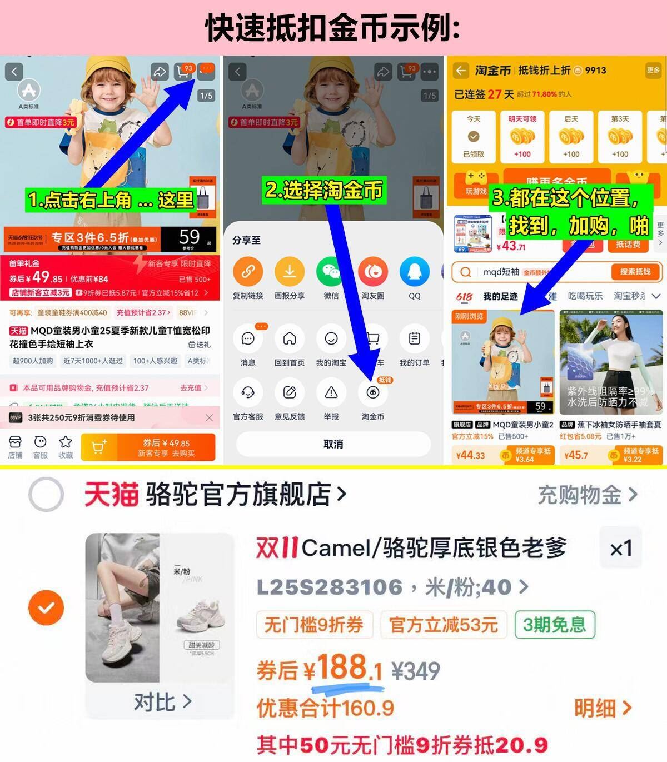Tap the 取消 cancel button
pyautogui.click(x=333, y=444)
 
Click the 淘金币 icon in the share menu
pyautogui.click(x=372, y=392)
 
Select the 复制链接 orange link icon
pyautogui.click(x=248, y=272)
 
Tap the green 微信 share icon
pyautogui.click(x=331, y=272)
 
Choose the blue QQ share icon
pyautogui.click(x=415, y=272)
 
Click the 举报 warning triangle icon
pyautogui.click(x=331, y=392)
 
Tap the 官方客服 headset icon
pyautogui.click(x=248, y=392)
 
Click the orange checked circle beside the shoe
pyautogui.click(x=46, y=607)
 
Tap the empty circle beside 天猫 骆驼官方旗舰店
pyautogui.click(x=46, y=494)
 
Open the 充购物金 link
pyautogui.click(x=587, y=495)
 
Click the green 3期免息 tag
pyautogui.click(x=554, y=625)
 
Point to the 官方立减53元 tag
pyautogui.click(x=443, y=625)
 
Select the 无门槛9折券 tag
pyautogui.click(x=313, y=625)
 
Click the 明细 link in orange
pyautogui.click(x=603, y=708)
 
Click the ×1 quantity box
pyautogui.click(x=620, y=549)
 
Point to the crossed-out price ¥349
pyautogui.click(x=416, y=671)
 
